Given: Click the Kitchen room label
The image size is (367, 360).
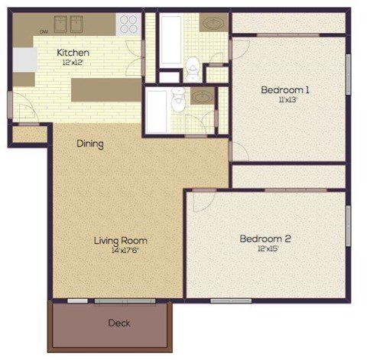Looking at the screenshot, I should coord(73,53).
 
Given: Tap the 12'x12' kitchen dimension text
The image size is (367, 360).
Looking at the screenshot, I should coord(73,62).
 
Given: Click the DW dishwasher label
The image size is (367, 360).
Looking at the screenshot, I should coord(44,32).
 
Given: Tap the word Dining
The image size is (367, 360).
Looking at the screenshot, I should coord(89,144).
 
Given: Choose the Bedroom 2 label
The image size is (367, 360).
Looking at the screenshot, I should coord(265,238).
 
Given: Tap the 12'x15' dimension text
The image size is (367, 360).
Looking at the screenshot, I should coord(265,248).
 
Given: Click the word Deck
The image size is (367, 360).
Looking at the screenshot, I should coord(119,323).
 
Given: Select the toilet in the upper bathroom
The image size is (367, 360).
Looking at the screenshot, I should coord(193,68).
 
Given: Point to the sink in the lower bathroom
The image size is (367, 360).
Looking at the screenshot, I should coord(202,97).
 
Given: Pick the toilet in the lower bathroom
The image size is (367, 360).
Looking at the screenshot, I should coord(178,99).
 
